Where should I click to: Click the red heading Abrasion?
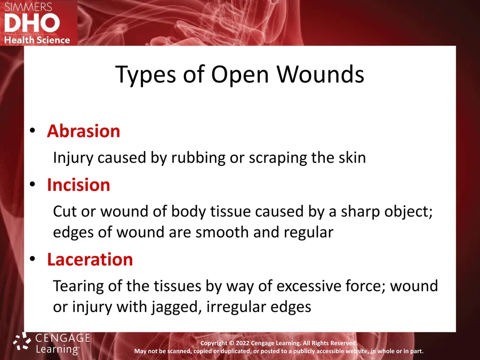[x=83, y=131]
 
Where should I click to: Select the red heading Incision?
[x=78, y=185]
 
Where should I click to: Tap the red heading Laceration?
[x=90, y=260]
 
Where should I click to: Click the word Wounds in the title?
[x=321, y=74]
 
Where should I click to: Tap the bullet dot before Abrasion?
[x=33, y=131]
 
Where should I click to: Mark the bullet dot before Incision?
[x=33, y=185]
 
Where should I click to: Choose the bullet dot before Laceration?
[x=33, y=259]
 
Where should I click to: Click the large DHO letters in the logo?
[x=32, y=23]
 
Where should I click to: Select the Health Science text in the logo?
[x=37, y=40]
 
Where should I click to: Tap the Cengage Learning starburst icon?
[x=22, y=341]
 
